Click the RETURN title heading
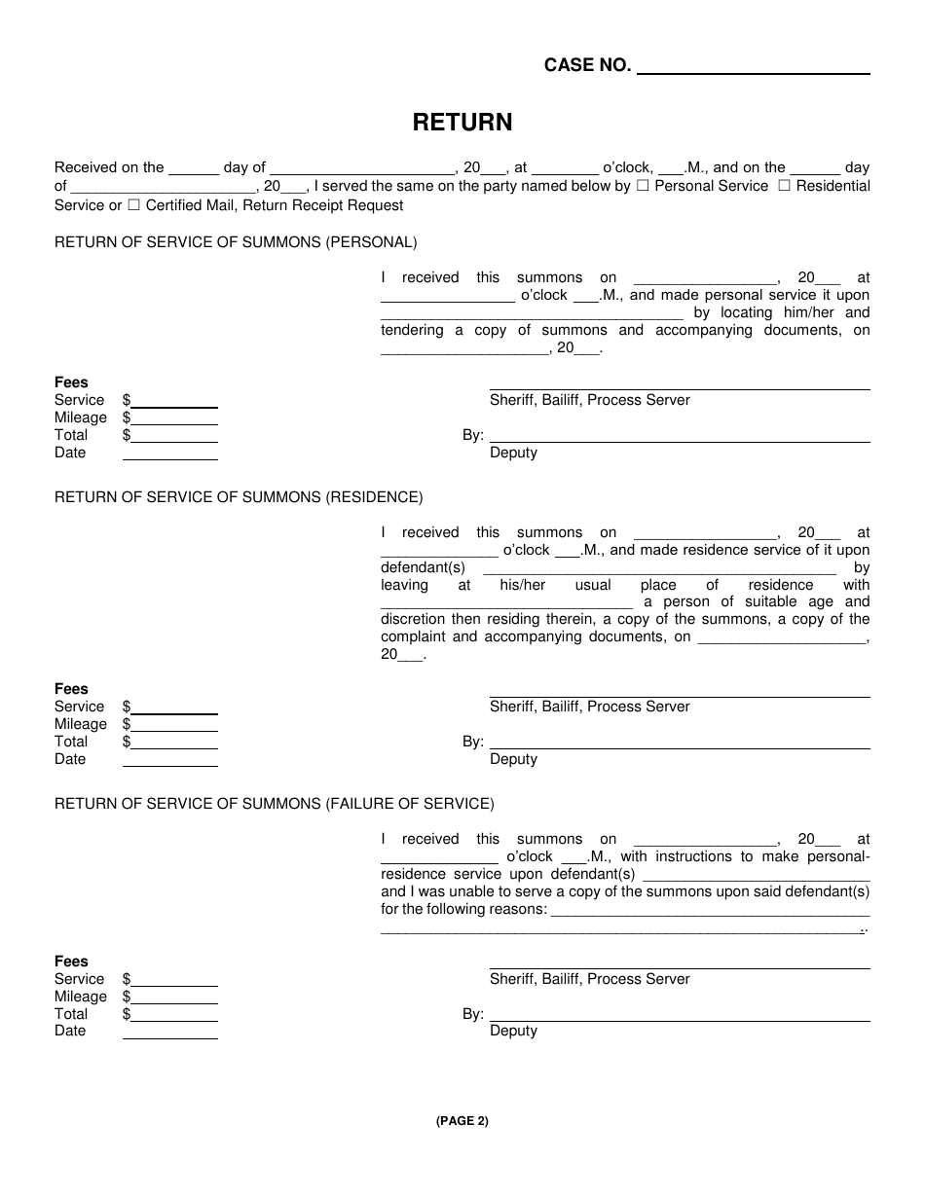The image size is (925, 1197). [462, 123]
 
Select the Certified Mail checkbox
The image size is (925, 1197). [133, 205]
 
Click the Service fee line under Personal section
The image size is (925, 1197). [174, 402]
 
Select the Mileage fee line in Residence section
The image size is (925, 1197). [174, 726]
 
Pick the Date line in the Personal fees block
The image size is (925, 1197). [170, 454]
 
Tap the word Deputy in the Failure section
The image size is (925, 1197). [513, 1032]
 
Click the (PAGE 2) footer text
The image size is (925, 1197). [462, 1121]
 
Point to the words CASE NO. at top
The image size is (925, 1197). [587, 66]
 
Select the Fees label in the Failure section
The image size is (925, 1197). [71, 961]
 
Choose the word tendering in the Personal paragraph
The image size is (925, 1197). [412, 331]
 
